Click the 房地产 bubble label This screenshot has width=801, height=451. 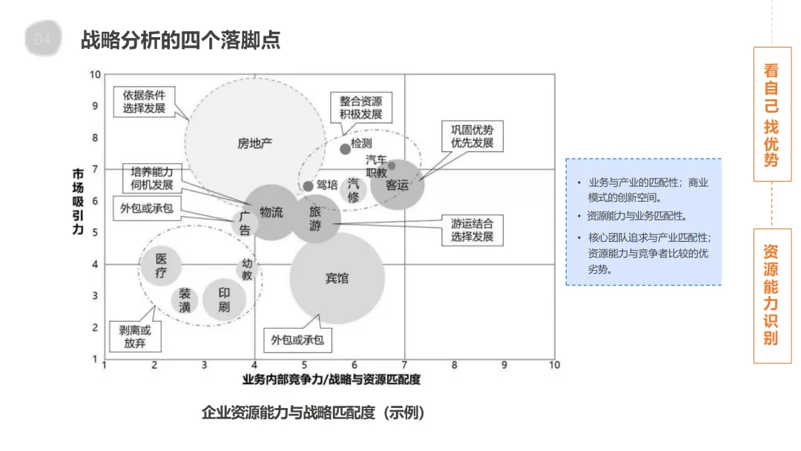254,143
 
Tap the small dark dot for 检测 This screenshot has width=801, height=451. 345,149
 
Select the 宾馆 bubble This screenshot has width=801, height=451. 337,278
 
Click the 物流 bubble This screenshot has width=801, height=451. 271,212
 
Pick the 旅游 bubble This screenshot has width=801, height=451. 315,220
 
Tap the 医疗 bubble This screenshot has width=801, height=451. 162,266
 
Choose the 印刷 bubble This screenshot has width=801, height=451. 224,300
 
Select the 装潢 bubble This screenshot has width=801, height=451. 185,300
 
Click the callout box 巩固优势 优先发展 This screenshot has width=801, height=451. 472,136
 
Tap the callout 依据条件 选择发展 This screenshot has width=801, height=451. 145,102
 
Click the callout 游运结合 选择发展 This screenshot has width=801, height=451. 472,230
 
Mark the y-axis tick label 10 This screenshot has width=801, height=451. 95,74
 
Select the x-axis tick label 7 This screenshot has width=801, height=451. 404,365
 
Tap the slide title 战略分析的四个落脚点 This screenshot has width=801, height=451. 180,40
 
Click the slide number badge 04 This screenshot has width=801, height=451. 42,40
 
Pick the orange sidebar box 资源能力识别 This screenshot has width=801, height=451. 771,295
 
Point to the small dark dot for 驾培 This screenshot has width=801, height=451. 308,185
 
